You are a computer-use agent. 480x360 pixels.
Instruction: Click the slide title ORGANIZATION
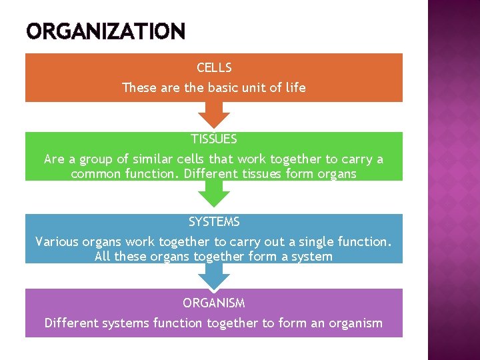point(105,31)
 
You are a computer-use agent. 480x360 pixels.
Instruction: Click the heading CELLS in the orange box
point(214,68)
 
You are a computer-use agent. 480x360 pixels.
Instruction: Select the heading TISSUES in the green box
point(214,139)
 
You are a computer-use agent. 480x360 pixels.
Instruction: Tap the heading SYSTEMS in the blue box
point(214,222)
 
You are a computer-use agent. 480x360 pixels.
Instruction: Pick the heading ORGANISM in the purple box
point(214,303)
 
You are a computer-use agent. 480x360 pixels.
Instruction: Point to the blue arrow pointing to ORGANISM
point(214,277)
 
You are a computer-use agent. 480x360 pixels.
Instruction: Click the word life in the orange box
point(295,87)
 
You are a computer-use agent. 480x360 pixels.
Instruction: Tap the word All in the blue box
point(103,257)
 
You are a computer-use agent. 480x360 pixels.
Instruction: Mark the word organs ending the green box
point(337,175)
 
